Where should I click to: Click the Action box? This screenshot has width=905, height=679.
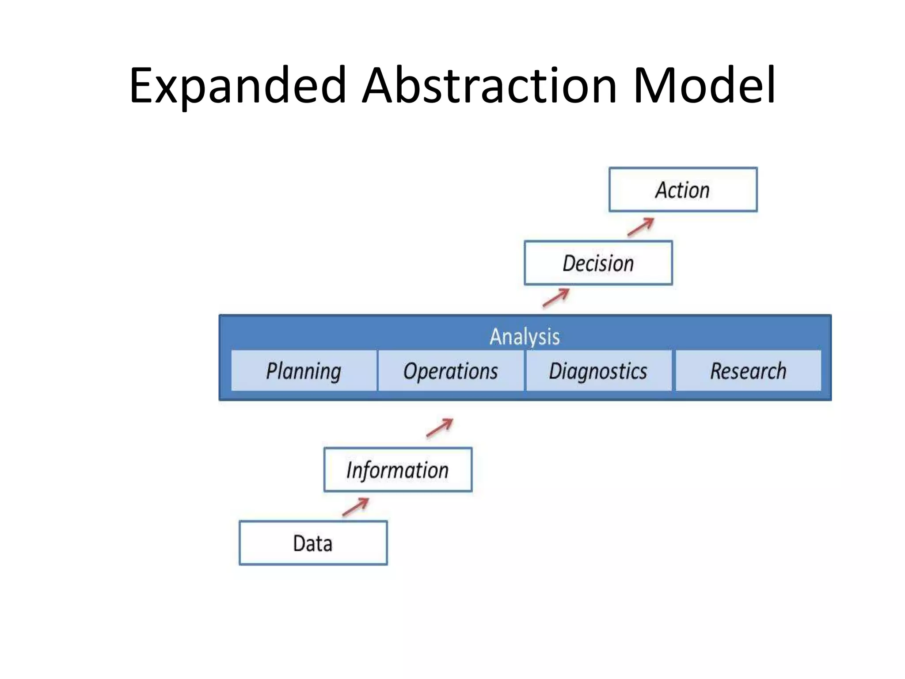tap(683, 190)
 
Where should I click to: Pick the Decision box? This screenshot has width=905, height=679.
tap(598, 263)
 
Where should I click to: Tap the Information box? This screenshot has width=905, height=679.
tap(398, 469)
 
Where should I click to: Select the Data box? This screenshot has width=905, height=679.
tap(313, 543)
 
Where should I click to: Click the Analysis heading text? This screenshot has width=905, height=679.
tap(525, 337)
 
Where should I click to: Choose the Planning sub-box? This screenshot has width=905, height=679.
tap(304, 371)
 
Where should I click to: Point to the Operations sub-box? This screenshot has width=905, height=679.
tap(451, 371)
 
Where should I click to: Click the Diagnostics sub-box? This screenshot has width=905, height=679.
tap(598, 371)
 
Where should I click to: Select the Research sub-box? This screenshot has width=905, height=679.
tap(748, 371)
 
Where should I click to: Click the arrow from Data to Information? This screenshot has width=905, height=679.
tap(356, 507)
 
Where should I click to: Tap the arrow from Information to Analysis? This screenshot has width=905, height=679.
tap(440, 427)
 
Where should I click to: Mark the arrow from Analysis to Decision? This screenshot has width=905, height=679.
tap(556, 298)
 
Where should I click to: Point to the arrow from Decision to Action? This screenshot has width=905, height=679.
tap(641, 227)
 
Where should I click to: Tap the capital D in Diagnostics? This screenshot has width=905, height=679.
tap(555, 370)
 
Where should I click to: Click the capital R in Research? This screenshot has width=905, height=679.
tap(716, 370)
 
